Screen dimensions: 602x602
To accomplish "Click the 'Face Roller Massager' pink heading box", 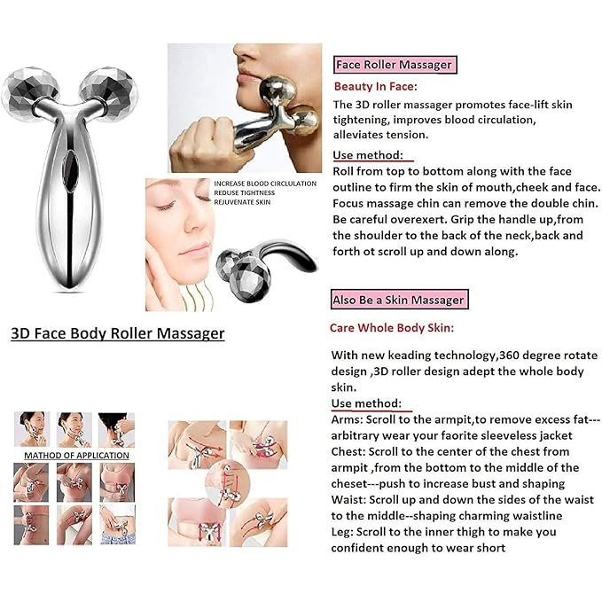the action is pos(395,65).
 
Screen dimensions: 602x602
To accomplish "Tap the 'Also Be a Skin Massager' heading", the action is pos(400,300).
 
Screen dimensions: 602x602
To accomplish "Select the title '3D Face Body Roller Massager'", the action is pos(118,332).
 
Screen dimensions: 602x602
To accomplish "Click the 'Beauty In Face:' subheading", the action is pos(375,86).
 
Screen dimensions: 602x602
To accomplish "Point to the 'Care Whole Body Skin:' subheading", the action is pos(392,327).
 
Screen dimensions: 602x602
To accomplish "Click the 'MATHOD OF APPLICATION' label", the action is pos(76,456).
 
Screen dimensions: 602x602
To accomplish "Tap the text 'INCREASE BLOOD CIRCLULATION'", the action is pos(265,184).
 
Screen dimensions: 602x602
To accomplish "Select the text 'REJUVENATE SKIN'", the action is pos(242,202).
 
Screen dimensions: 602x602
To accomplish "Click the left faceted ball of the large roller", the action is pos(28,92).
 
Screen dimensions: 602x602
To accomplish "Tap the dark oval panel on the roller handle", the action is pos(70,170).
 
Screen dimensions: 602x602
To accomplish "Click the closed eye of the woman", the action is pos(167,207).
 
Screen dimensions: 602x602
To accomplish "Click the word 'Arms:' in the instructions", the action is pos(347,419).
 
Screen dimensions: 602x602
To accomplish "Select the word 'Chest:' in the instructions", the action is pos(348,451).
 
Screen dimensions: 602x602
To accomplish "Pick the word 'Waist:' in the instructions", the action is pos(348,499).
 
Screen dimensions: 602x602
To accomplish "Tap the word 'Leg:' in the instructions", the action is pos(341,532).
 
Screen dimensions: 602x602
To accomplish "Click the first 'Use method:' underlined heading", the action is pos(368,155).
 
